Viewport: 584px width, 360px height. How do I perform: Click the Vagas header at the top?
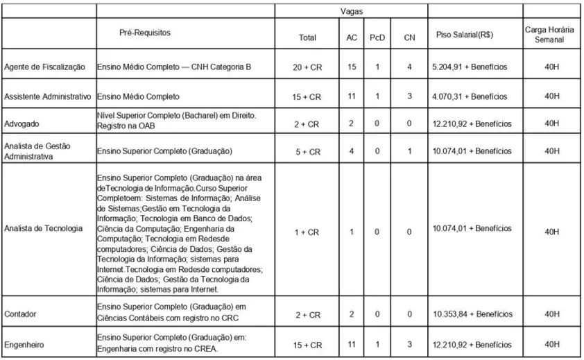[350, 11]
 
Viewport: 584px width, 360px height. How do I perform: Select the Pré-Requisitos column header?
[145, 33]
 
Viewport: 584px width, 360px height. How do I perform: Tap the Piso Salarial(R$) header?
[464, 35]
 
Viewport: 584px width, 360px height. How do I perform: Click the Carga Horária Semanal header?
[549, 35]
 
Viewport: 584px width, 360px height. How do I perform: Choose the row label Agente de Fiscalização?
[44, 67]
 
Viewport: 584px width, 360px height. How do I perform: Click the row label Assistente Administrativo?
[48, 96]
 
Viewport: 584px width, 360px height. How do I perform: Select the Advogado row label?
[22, 123]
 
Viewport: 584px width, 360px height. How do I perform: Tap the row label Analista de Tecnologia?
[43, 228]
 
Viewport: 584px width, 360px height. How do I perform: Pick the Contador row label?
[21, 314]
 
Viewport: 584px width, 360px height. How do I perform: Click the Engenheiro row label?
[24, 343]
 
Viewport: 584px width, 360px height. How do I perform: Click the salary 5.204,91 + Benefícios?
[469, 67]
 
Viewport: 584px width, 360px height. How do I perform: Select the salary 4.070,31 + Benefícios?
[469, 96]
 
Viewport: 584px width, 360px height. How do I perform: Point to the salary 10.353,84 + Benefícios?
[471, 314]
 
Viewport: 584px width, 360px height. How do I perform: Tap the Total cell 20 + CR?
[307, 67]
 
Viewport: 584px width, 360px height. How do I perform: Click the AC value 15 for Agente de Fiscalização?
[352, 67]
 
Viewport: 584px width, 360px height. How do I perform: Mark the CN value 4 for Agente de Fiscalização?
[409, 67]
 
